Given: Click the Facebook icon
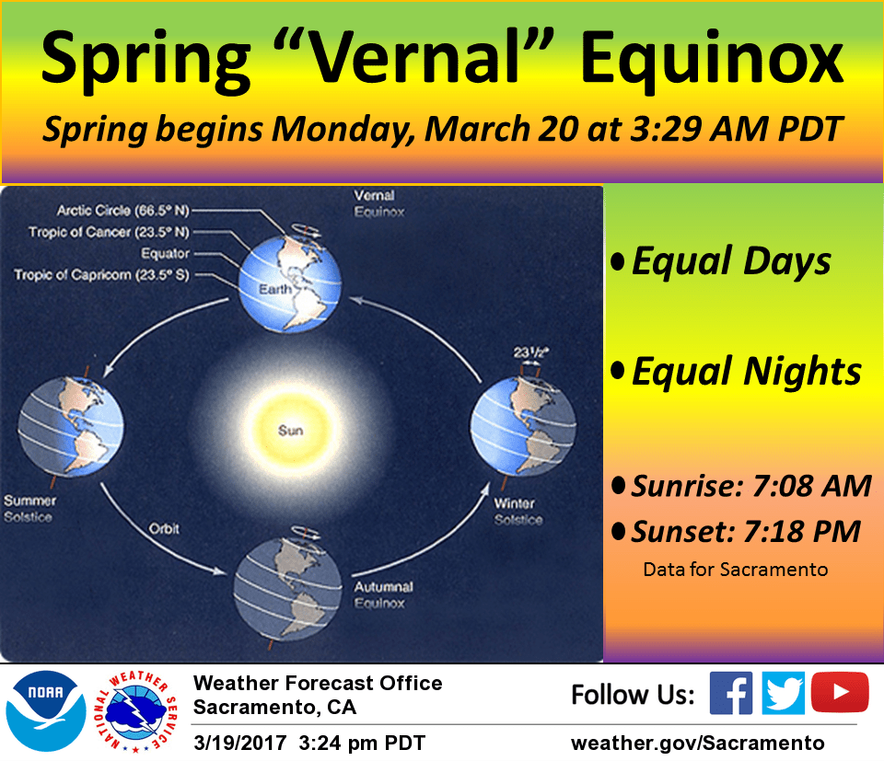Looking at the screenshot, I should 731,693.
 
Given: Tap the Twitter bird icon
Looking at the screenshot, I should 784,693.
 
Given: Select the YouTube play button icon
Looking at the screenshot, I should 840,693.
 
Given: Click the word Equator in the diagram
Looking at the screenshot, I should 165,253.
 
